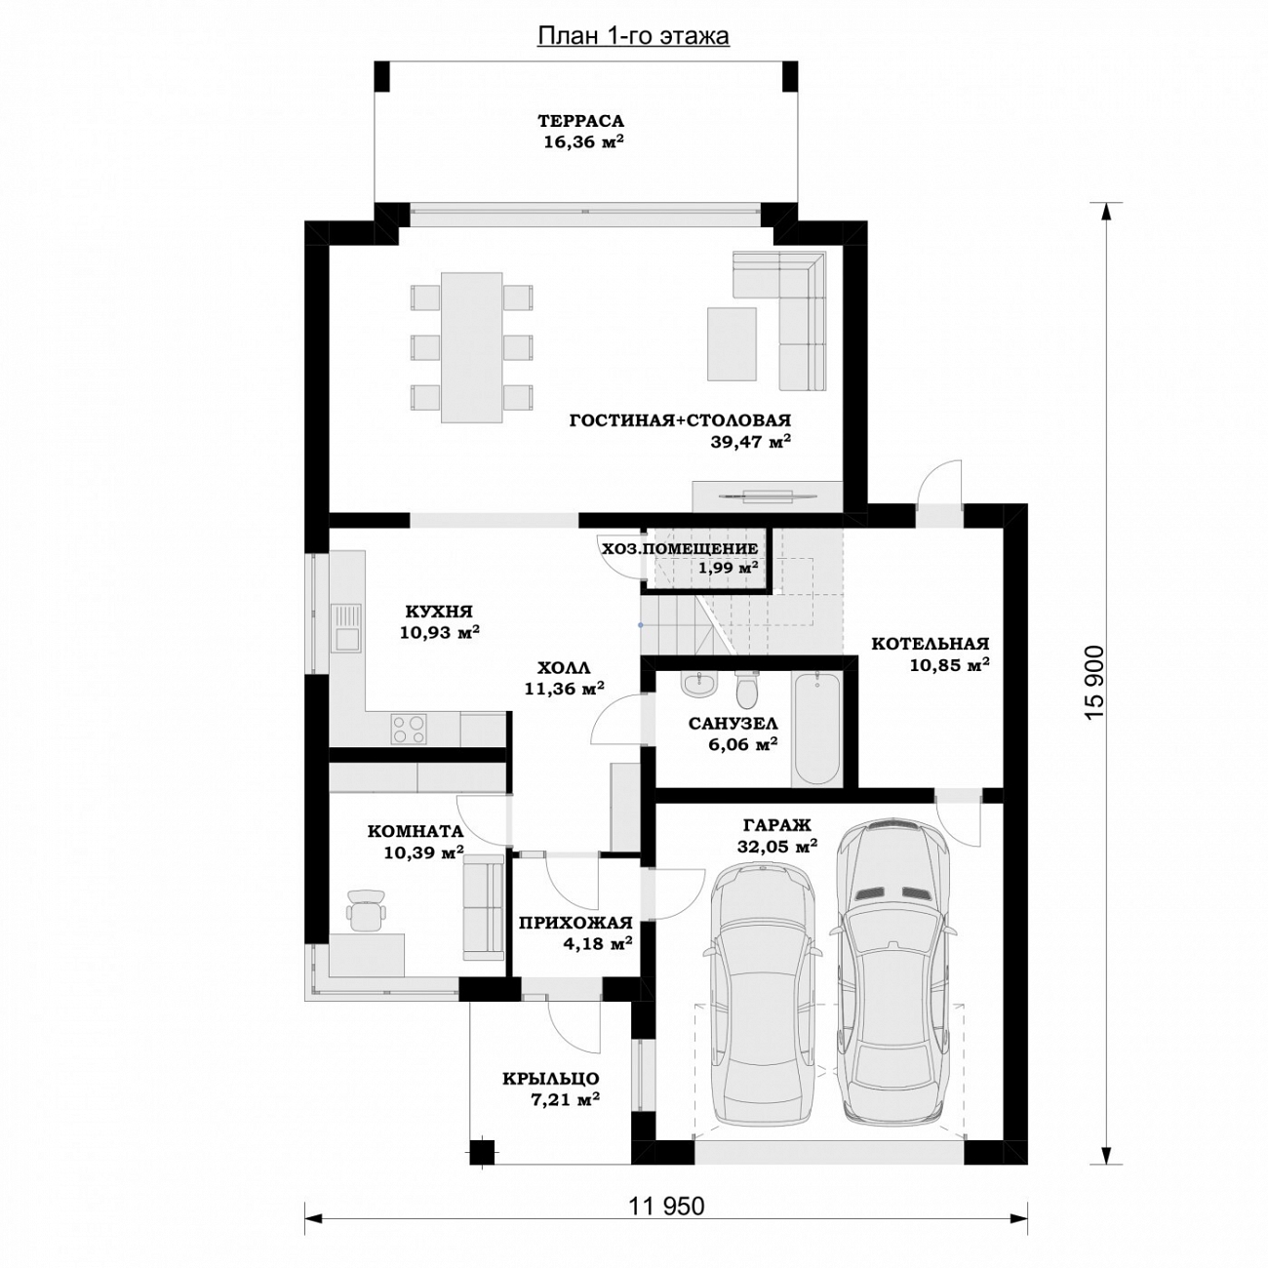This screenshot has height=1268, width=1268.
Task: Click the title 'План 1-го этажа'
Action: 633,36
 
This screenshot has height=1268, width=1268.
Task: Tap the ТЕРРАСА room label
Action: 581,121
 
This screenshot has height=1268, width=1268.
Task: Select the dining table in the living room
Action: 471,348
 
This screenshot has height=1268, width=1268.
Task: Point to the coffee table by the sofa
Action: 732,343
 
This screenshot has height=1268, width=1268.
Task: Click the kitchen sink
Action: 346,627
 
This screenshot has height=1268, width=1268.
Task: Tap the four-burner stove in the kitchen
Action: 408,729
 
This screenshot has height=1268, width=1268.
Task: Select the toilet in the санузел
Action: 747,688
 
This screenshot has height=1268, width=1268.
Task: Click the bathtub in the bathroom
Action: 817,729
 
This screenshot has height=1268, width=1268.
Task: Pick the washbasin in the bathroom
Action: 697,685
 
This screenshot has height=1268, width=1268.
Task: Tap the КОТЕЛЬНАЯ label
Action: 931,643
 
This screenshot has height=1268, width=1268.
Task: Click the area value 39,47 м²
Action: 750,442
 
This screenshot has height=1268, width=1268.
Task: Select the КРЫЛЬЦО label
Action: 551,1079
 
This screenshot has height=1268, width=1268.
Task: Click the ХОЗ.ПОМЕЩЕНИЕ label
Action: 680,549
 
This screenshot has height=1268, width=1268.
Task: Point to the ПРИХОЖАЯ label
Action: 575,923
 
